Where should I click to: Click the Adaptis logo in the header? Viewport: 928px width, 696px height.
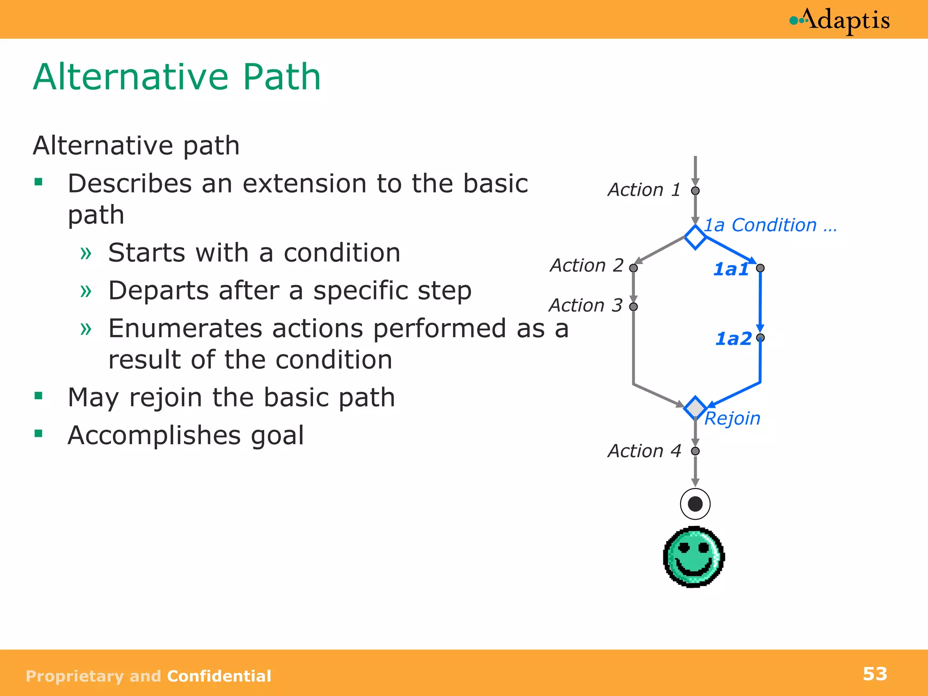coord(840,20)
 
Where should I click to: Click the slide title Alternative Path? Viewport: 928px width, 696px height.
coord(177,77)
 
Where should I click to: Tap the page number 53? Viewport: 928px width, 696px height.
coord(875,674)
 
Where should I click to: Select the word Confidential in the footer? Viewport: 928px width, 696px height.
coord(219,676)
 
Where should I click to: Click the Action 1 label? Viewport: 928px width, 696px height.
coord(644,190)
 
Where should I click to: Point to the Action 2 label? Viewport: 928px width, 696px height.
coord(586,266)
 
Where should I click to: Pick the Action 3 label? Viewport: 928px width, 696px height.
coord(585,305)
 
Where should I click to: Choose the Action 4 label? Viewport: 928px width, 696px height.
coord(644,451)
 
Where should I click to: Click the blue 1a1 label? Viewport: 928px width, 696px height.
coord(730,269)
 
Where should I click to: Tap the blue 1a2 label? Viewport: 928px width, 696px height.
coord(733,338)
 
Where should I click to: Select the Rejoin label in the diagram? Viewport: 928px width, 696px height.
coord(732,418)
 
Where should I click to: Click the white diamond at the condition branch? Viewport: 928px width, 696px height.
coord(695,237)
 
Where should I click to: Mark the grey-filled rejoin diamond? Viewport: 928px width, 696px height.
coord(695,407)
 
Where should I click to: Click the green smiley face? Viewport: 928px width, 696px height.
coord(694,557)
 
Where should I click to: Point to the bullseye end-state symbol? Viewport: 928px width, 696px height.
coord(695,504)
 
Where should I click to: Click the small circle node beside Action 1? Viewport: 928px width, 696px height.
coord(695,191)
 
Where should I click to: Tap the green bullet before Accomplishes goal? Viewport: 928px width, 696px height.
coord(39,434)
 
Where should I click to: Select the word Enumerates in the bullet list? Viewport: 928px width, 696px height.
coord(185,329)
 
